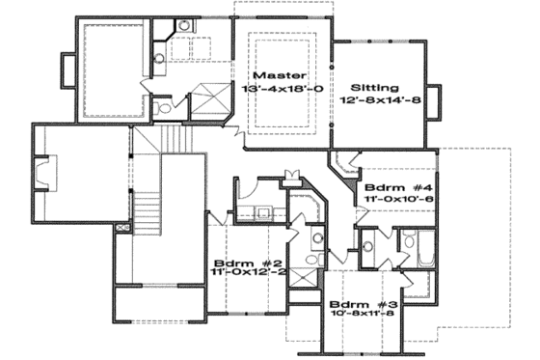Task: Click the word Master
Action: [279, 74]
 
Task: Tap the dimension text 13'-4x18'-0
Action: [286, 89]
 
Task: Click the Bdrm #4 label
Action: [391, 186]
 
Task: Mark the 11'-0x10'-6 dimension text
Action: [392, 200]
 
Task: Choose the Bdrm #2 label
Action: [234, 263]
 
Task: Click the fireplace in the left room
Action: [41, 177]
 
